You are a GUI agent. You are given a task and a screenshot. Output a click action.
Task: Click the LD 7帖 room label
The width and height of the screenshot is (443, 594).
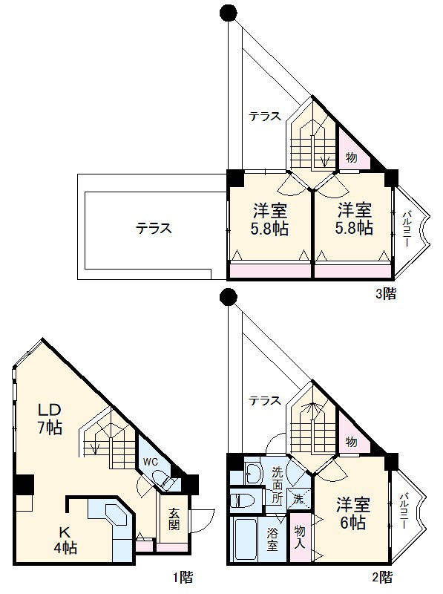click(49, 419)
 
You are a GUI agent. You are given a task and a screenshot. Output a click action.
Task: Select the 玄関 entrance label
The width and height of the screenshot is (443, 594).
click(174, 519)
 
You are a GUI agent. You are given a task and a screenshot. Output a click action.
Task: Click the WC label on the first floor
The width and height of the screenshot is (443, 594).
click(151, 463)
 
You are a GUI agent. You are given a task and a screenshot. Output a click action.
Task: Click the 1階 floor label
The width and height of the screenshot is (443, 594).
click(183, 577)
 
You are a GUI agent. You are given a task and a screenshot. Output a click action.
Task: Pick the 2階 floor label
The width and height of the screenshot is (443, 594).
click(382, 577)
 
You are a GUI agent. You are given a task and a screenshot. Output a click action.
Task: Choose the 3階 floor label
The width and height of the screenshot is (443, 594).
click(385, 293)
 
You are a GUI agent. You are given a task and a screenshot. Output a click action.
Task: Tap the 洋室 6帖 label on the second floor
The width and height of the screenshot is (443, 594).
click(353, 513)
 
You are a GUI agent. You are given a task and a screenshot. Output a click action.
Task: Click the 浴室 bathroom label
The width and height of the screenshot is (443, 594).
click(272, 539)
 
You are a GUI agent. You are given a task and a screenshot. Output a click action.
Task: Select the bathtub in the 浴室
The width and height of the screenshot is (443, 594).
click(246, 540)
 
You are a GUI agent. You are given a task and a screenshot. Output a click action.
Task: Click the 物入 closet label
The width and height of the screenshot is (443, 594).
click(300, 537)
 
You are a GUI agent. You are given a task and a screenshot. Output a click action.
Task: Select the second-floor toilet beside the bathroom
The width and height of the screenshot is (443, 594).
click(243, 500)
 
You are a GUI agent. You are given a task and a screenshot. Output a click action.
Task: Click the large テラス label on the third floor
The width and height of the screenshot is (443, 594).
click(154, 228)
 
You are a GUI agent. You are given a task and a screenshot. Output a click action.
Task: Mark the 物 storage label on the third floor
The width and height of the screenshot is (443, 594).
click(351, 157)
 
